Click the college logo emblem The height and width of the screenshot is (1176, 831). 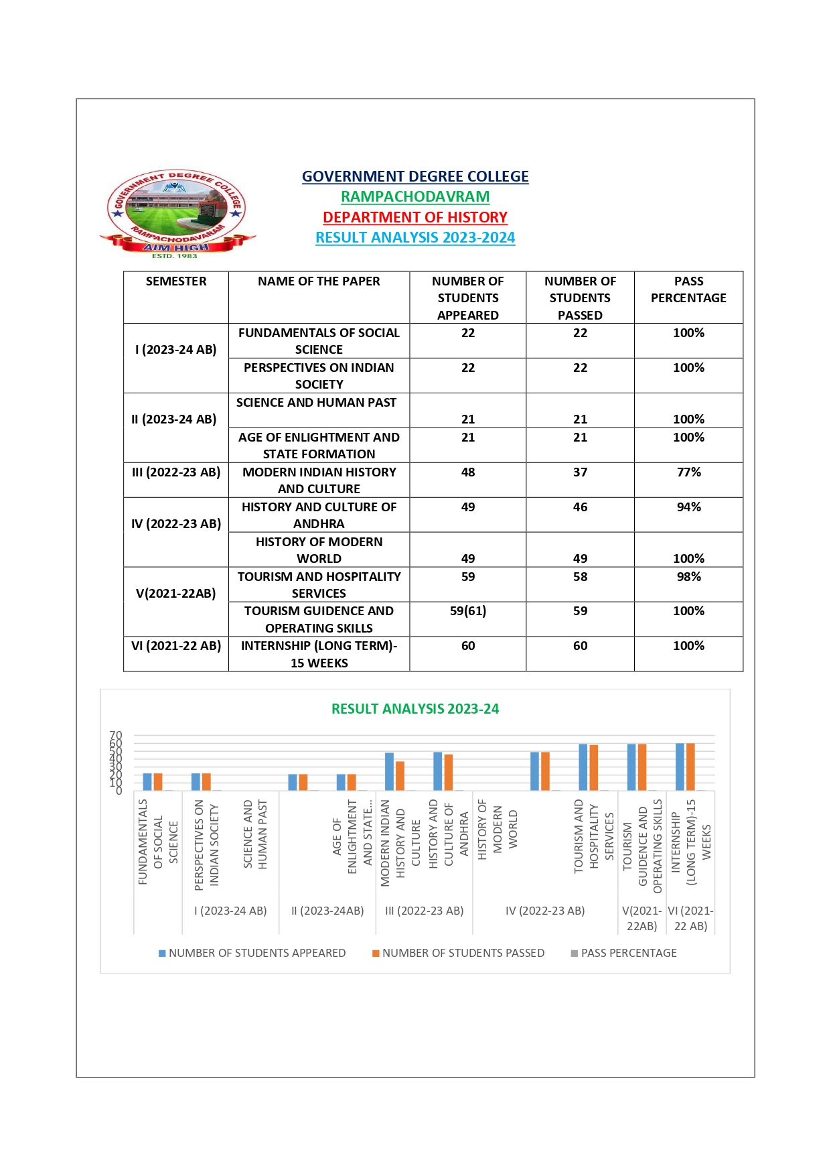pyautogui.click(x=177, y=213)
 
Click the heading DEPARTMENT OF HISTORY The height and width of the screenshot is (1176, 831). pyautogui.click(x=415, y=217)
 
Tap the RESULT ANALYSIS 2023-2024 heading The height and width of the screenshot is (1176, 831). pyautogui.click(x=415, y=238)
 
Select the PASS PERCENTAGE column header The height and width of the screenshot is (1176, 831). pyautogui.click(x=688, y=290)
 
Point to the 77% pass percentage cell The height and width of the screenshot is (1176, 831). pyautogui.click(x=688, y=472)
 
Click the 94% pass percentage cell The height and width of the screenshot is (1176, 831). pyautogui.click(x=688, y=507)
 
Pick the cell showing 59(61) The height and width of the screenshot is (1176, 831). pyautogui.click(x=468, y=611)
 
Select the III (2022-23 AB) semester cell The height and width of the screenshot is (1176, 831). pyautogui.click(x=176, y=472)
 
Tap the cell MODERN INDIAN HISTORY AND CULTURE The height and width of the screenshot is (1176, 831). pyautogui.click(x=319, y=480)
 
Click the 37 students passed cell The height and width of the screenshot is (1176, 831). pyautogui.click(x=580, y=472)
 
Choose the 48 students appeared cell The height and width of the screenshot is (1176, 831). pyautogui.click(x=468, y=472)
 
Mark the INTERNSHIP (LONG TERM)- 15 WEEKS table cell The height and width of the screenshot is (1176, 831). pyautogui.click(x=319, y=654)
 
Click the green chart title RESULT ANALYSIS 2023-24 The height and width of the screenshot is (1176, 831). pyautogui.click(x=415, y=709)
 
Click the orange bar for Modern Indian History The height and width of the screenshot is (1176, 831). pyautogui.click(x=400, y=776)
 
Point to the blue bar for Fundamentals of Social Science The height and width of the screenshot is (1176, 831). pyautogui.click(x=147, y=782)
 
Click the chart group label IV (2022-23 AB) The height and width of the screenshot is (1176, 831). pyautogui.click(x=545, y=911)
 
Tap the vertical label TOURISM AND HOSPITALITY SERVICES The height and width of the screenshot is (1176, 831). pyautogui.click(x=594, y=836)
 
